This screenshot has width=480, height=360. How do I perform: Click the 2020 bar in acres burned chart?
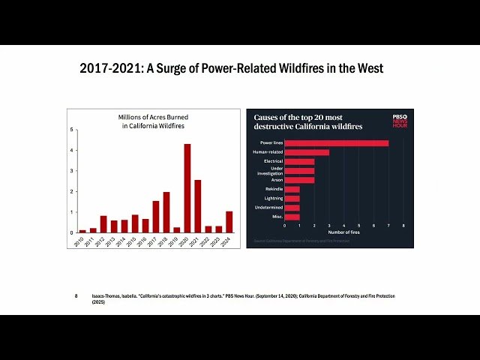tap(187, 188)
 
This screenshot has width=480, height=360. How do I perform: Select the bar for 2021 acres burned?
tap(197, 206)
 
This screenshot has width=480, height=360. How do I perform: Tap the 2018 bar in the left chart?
tap(166, 212)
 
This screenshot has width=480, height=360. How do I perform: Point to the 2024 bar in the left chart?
tap(229, 222)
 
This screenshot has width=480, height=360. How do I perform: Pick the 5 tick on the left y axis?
tap(72, 130)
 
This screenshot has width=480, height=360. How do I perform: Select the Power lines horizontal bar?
tap(336, 142)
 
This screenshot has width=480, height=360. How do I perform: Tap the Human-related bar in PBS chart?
tap(307, 152)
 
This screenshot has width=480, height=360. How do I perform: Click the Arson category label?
tap(276, 180)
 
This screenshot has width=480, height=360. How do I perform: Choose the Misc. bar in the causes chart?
tap(292, 217)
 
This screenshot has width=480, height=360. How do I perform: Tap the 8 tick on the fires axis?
tap(403, 225)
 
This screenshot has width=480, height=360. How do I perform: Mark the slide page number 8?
tap(76, 296)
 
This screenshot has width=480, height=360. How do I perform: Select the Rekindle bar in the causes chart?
tap(292, 189)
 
